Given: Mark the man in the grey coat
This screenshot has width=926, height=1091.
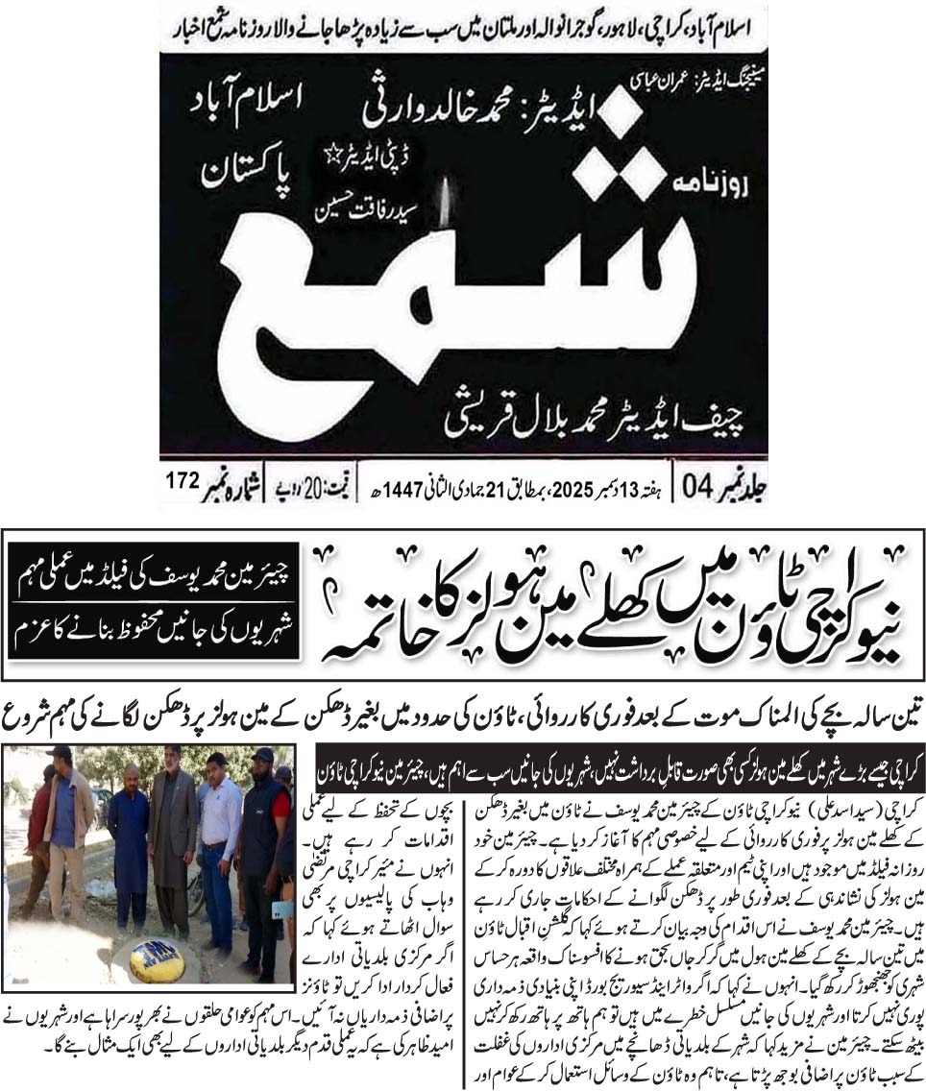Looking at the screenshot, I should point(173,836).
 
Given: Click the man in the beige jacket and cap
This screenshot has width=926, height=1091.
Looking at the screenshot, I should point(68,826).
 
